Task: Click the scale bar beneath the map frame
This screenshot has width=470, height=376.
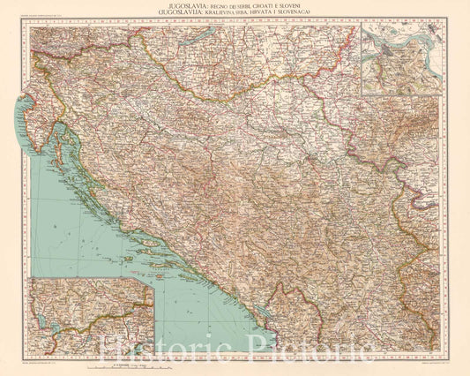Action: [x=132, y=363]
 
